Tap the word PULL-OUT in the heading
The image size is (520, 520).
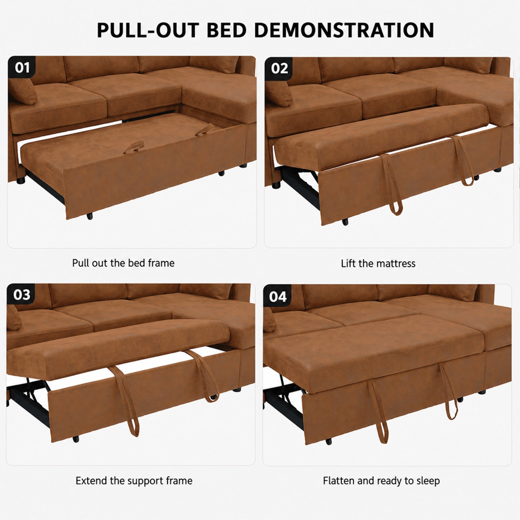148,30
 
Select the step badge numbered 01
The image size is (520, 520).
22,68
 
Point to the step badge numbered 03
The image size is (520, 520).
22,295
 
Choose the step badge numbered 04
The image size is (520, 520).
278,297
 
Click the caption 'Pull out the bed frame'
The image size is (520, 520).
123,263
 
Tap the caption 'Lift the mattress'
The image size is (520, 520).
378,263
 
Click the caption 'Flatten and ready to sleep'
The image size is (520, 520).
381,481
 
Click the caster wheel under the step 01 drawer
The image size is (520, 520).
90,216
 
